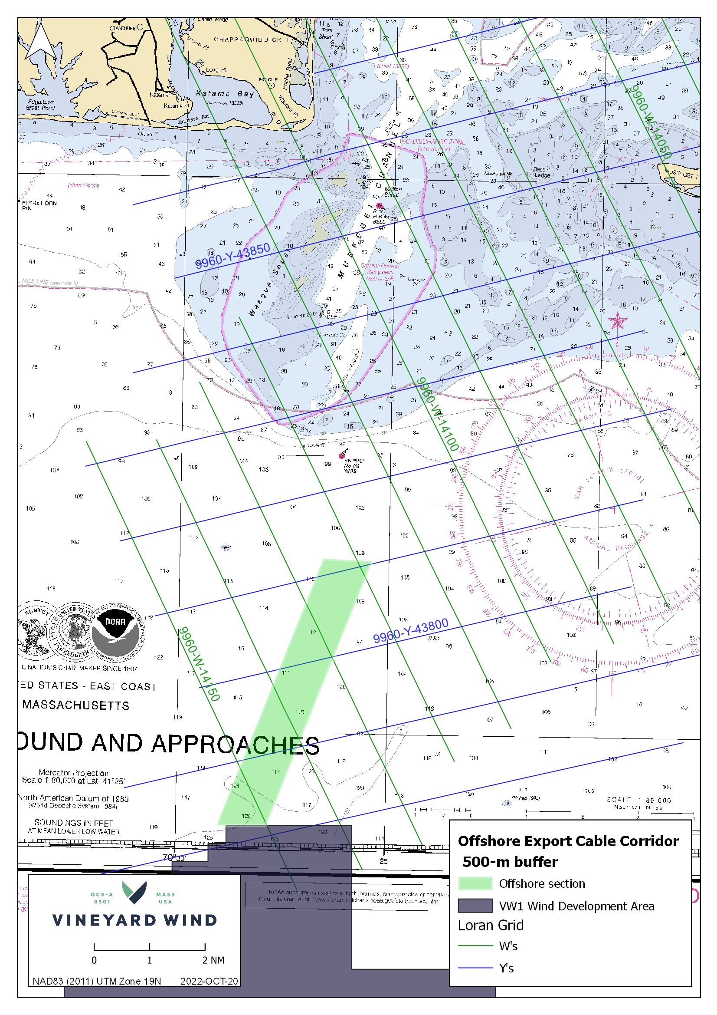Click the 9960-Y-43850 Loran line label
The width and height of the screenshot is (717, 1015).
(232, 256)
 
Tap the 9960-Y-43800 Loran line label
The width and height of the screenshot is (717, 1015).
(410, 631)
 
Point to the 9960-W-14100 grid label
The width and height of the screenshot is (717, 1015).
(438, 414)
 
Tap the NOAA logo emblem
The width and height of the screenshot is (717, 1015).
(116, 631)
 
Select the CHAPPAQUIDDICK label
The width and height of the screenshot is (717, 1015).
(247, 40)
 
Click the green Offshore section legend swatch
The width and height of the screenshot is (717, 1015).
(475, 883)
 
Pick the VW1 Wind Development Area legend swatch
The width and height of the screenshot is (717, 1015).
(475, 905)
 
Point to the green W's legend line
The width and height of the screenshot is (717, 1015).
(475, 946)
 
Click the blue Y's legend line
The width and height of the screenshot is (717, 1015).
(475, 968)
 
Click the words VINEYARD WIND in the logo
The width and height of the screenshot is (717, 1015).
(135, 920)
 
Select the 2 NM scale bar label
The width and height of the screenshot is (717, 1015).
(213, 960)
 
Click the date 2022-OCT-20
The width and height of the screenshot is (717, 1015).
(209, 981)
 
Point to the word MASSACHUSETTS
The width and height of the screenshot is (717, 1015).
(76, 705)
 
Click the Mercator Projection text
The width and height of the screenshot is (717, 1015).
(73, 772)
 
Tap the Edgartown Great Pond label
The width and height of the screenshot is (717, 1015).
(41, 105)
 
